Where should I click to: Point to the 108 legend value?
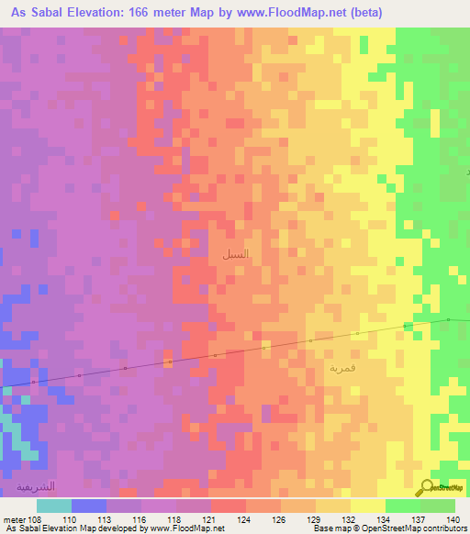pos(36,518)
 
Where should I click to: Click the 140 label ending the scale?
pos(453,518)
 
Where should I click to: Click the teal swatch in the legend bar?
pos(54,506)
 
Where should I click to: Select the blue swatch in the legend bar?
pos(89,506)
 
